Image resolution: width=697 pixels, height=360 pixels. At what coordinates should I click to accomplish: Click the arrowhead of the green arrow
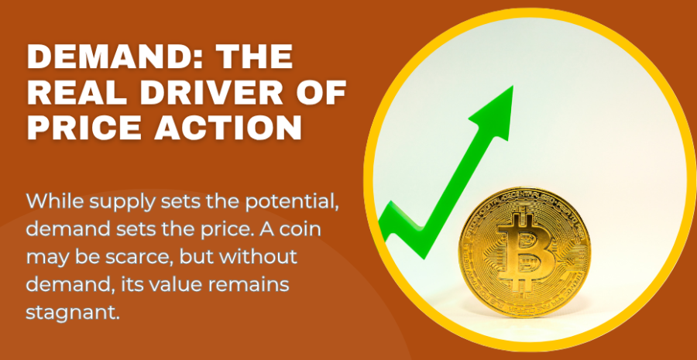click(494, 112)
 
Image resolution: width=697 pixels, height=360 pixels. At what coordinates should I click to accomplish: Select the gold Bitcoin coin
click(524, 252)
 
